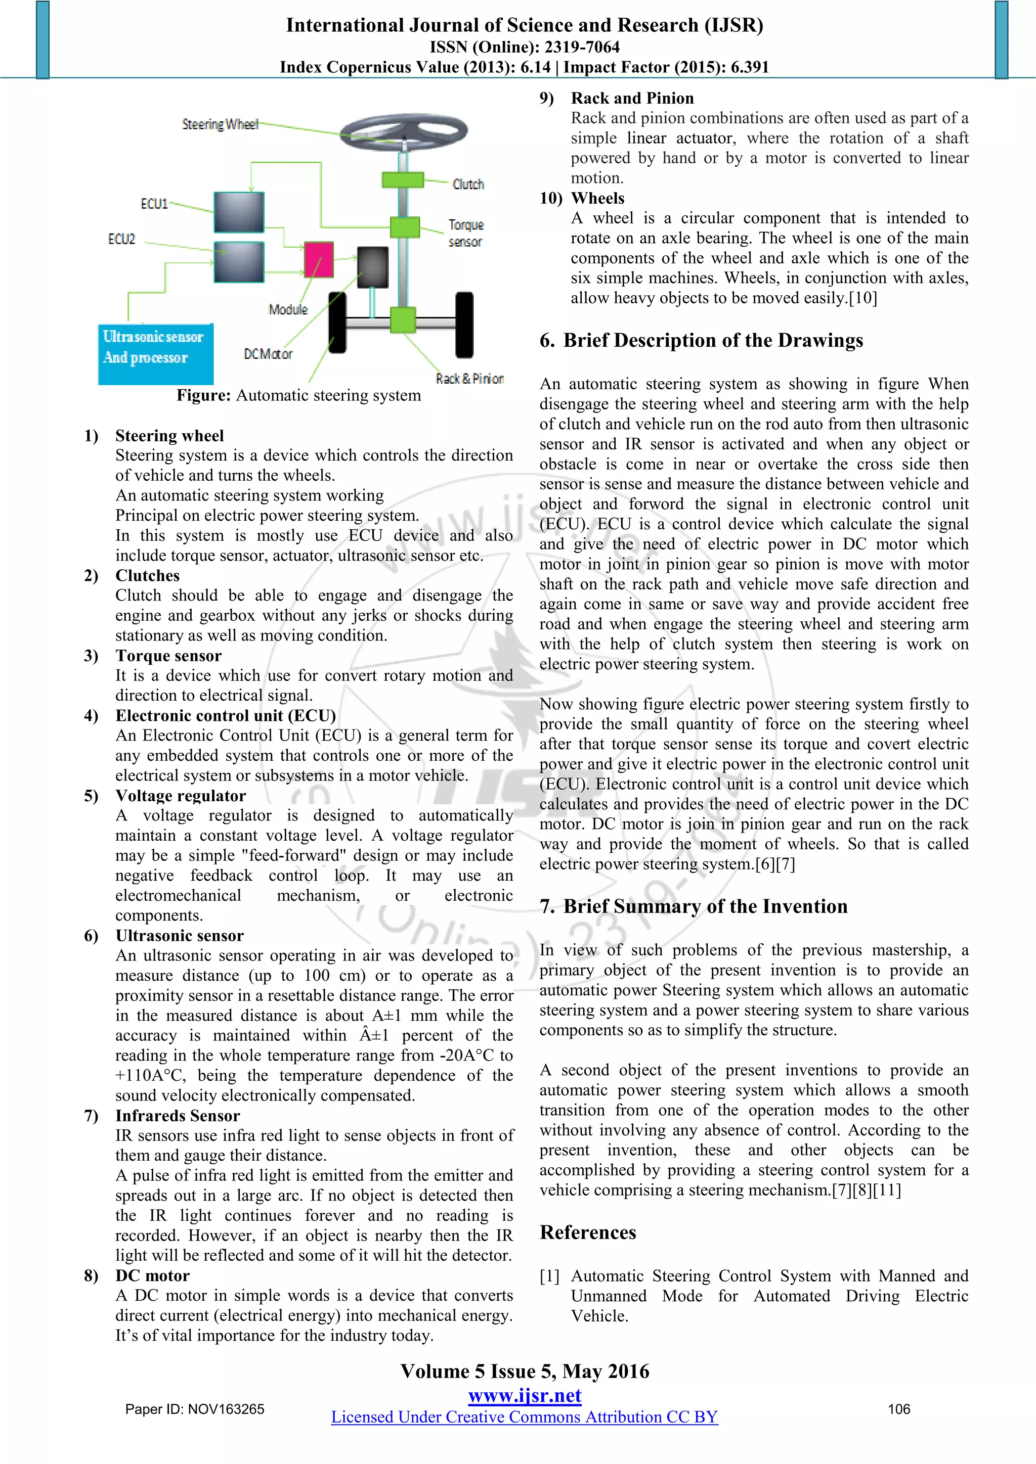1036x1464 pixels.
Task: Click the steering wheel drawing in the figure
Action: pos(403,132)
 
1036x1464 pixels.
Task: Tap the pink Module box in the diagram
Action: pos(318,259)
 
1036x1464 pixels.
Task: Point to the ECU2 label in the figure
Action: pos(121,239)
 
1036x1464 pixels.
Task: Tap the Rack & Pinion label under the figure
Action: pos(469,379)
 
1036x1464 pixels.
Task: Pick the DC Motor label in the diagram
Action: pos(268,354)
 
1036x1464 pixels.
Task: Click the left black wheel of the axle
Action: pos(337,322)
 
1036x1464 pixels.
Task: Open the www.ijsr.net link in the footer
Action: pos(525,1395)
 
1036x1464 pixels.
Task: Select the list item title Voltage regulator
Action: pos(181,796)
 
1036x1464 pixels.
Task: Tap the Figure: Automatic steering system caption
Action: pos(298,395)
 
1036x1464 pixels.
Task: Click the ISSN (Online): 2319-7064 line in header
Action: pos(525,47)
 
